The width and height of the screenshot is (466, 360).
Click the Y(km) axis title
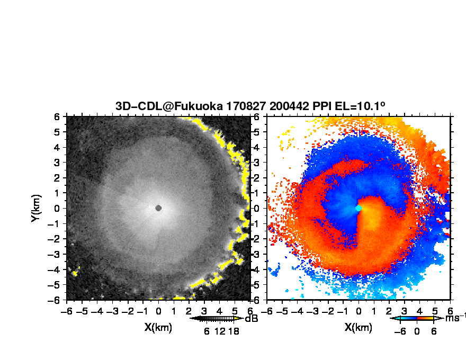coord(35,208)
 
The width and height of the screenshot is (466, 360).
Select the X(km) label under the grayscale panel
coord(158,327)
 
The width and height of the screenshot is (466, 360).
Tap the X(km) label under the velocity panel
coord(359,327)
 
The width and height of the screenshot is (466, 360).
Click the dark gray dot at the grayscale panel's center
coord(158,208)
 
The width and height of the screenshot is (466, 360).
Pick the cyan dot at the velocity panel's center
coord(359,208)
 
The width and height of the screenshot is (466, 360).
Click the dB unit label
coord(252,319)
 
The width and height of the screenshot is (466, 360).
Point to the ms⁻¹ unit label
coord(455,318)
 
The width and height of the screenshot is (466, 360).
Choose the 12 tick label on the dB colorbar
coord(220,331)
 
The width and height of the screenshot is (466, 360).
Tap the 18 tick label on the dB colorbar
coord(234,331)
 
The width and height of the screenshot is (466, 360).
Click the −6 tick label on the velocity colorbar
coord(400,331)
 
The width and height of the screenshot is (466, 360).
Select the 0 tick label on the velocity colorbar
coord(417,331)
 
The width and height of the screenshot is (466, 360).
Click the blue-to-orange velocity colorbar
coord(417,318)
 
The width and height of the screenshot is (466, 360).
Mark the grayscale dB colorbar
coord(217,318)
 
